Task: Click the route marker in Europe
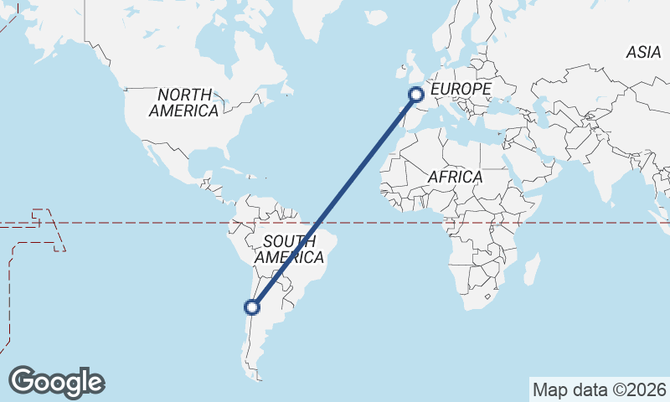(x=416, y=95)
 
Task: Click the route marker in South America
(x=253, y=307)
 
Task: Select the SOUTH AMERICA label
(x=289, y=250)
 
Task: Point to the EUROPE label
(x=460, y=88)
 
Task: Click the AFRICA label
(x=455, y=177)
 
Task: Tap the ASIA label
(x=643, y=52)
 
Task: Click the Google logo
(x=56, y=381)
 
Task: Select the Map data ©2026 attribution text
(x=599, y=389)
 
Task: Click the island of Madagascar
(x=530, y=271)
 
